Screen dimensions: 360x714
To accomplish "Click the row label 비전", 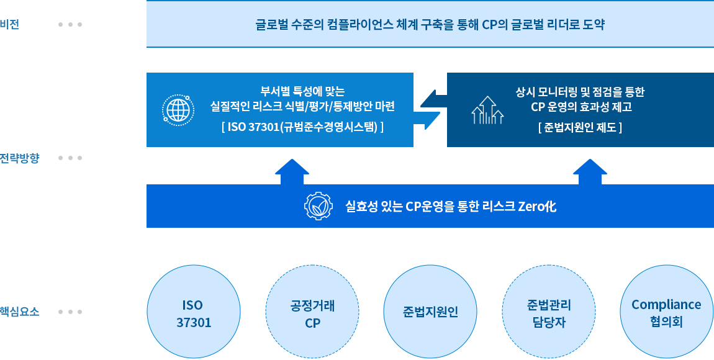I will tap(10, 25).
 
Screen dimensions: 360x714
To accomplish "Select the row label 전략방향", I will tap(19, 158).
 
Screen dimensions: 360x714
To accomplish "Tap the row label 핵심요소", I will tap(19, 312).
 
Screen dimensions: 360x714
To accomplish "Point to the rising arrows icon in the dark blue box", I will tap(487, 110).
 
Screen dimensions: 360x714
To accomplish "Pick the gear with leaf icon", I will tap(319, 206).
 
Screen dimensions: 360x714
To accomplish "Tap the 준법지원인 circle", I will tap(430, 312).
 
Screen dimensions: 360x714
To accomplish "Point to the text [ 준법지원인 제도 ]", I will tap(580, 128).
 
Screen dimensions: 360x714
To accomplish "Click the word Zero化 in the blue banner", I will tap(537, 206).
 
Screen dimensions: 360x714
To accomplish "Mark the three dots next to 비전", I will tap(70, 25).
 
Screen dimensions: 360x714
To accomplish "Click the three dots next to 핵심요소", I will tap(70, 312).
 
